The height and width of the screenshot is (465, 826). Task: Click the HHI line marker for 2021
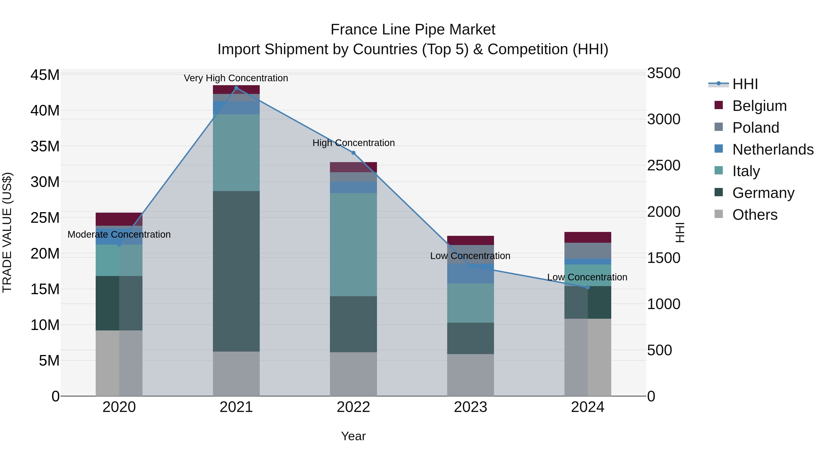(236, 88)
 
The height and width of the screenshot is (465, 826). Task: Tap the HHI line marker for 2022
(353, 153)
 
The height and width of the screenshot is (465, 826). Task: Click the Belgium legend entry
(759, 106)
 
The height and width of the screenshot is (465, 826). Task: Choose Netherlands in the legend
(773, 149)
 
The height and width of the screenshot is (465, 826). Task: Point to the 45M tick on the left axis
(45, 75)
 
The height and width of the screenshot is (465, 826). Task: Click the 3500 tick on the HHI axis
(663, 73)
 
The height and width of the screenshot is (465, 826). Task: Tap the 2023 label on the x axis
(470, 407)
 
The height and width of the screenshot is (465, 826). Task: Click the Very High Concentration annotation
(236, 78)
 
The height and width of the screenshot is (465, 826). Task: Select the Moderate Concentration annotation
(119, 235)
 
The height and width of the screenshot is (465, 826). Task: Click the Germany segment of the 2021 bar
(236, 271)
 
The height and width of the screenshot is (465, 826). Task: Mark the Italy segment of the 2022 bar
(353, 245)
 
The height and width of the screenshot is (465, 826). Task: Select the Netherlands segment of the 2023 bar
(470, 273)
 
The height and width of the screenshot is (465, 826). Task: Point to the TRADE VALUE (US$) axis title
(7, 232)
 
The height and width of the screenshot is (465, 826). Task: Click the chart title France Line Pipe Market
(413, 30)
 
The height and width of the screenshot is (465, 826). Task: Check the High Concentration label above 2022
(353, 143)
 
